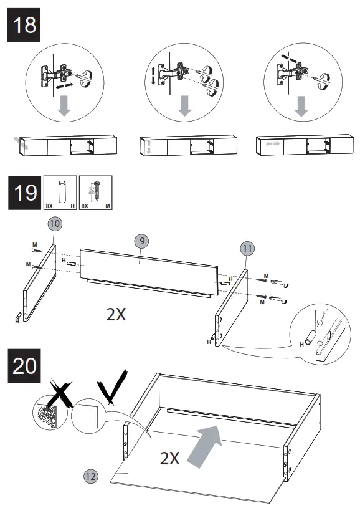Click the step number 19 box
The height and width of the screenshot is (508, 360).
[23, 193]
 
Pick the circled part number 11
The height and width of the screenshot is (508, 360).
[247, 248]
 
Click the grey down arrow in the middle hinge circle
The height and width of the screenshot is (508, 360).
[184, 106]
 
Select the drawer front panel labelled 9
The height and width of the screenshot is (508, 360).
[149, 268]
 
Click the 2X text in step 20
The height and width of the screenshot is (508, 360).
[169, 459]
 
